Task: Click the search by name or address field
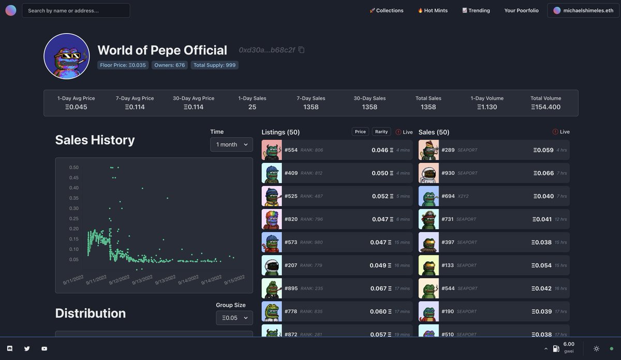click(76, 10)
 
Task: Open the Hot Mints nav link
click(433, 10)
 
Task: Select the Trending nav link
click(476, 10)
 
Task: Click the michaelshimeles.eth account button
click(583, 10)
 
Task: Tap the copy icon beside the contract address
click(301, 50)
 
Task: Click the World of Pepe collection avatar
click(67, 56)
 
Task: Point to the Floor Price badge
click(123, 65)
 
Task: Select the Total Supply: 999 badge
click(215, 65)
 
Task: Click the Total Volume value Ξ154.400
click(545, 107)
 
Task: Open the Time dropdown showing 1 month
click(231, 144)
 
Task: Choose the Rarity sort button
click(381, 132)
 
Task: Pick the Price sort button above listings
click(360, 132)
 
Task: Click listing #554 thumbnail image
click(272, 150)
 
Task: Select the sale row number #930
click(448, 173)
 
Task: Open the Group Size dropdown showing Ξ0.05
click(234, 318)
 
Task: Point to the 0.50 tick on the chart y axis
click(74, 168)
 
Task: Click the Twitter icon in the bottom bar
click(27, 349)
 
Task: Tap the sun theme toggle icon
click(596, 349)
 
